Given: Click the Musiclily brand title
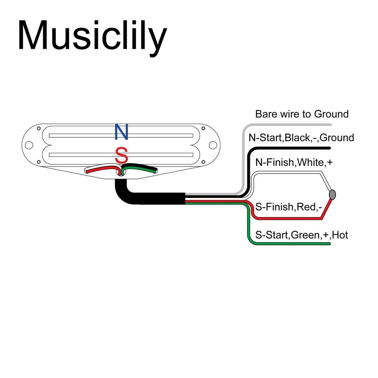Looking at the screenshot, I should (92, 36).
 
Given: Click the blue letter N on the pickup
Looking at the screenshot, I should (121, 132).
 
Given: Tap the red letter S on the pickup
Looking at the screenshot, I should (121, 155).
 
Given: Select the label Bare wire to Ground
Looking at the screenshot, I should (302, 114).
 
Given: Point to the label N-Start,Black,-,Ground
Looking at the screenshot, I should (301, 138).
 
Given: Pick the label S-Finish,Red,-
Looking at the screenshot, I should (289, 207).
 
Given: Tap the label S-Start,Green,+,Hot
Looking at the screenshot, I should (301, 235).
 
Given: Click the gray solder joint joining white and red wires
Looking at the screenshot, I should (332, 195).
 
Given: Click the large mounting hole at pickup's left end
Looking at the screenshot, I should (29, 145).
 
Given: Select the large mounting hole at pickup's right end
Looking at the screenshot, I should (213, 145).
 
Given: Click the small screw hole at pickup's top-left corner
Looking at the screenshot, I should (39, 128).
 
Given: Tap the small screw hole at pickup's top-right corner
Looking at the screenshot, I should (203, 128).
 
